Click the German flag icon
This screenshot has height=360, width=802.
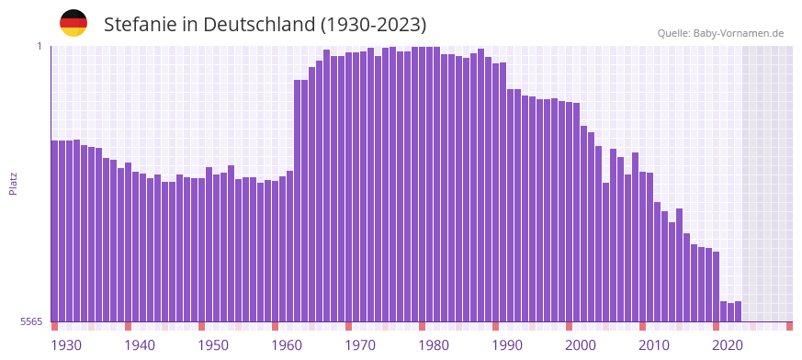point(73,23)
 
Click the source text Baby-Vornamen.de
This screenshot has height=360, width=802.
point(738,33)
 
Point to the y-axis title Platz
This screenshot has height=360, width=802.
point(13,183)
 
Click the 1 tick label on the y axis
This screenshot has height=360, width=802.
point(40,46)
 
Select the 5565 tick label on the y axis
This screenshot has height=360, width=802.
point(31,321)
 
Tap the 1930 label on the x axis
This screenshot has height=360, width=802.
point(66,345)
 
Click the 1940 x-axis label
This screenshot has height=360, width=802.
point(140,345)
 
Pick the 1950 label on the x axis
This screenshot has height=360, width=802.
point(213,345)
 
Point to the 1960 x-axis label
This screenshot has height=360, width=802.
point(287,345)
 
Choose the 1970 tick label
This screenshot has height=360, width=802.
point(360,345)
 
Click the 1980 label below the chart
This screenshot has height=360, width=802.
point(434,345)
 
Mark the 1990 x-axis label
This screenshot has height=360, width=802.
point(507,345)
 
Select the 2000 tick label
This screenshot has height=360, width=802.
point(581,345)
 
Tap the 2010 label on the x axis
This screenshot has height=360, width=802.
point(654,345)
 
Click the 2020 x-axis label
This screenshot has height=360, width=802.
point(728,345)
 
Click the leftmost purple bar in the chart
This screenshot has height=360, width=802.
point(54,230)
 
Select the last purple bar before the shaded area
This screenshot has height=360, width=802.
point(738,311)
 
